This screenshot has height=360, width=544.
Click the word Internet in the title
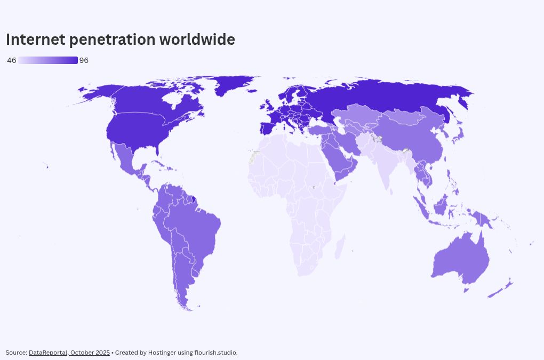[x=36, y=39]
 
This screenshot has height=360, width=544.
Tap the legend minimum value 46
[x=11, y=60]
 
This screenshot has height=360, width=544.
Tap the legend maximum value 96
[x=84, y=60]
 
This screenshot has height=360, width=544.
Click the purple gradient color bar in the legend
[x=48, y=60]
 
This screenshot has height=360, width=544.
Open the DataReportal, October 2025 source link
[x=69, y=353]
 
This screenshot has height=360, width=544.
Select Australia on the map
[x=459, y=259]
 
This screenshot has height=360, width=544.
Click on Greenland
[x=235, y=85]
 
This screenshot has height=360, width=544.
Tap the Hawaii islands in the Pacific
[x=47, y=167]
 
